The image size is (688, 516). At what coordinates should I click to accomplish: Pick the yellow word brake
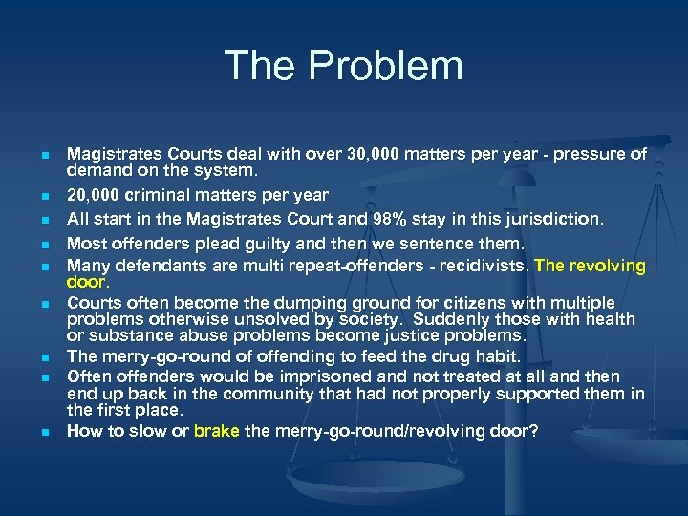click(217, 431)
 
